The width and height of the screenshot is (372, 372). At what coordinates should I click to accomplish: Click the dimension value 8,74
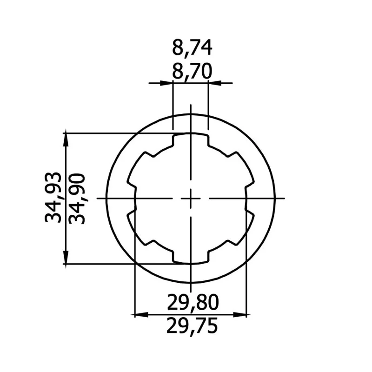[192, 48]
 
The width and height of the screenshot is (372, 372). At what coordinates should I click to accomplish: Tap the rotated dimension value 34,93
[53, 197]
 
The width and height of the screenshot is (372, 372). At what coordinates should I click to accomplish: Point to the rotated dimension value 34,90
[77, 199]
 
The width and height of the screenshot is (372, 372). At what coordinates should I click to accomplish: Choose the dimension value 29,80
[193, 303]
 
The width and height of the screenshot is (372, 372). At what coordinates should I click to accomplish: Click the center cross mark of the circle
[191, 199]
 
